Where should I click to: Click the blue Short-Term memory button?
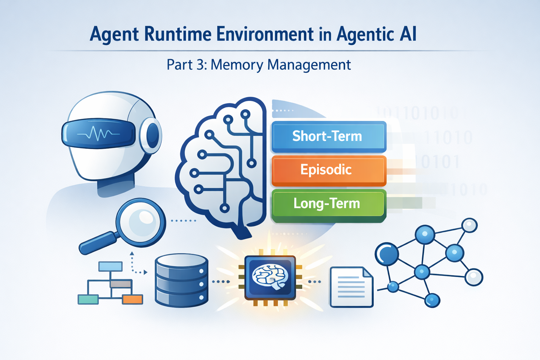tap(328, 136)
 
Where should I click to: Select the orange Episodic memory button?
tap(328, 170)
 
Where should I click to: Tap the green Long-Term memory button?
tap(328, 204)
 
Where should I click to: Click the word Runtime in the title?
tap(178, 34)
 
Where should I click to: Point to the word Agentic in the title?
tap(365, 34)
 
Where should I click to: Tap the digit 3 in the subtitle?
tap(201, 65)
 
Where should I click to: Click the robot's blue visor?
tap(98, 134)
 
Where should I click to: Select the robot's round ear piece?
tap(152, 136)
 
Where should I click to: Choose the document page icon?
tap(351, 287)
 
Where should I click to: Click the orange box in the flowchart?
tap(133, 300)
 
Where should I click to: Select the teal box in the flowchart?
tap(88, 300)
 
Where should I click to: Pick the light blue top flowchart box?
tap(110, 266)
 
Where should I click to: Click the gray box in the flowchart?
tap(121, 284)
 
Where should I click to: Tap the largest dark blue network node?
tap(387, 254)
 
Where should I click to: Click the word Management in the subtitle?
tap(309, 65)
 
